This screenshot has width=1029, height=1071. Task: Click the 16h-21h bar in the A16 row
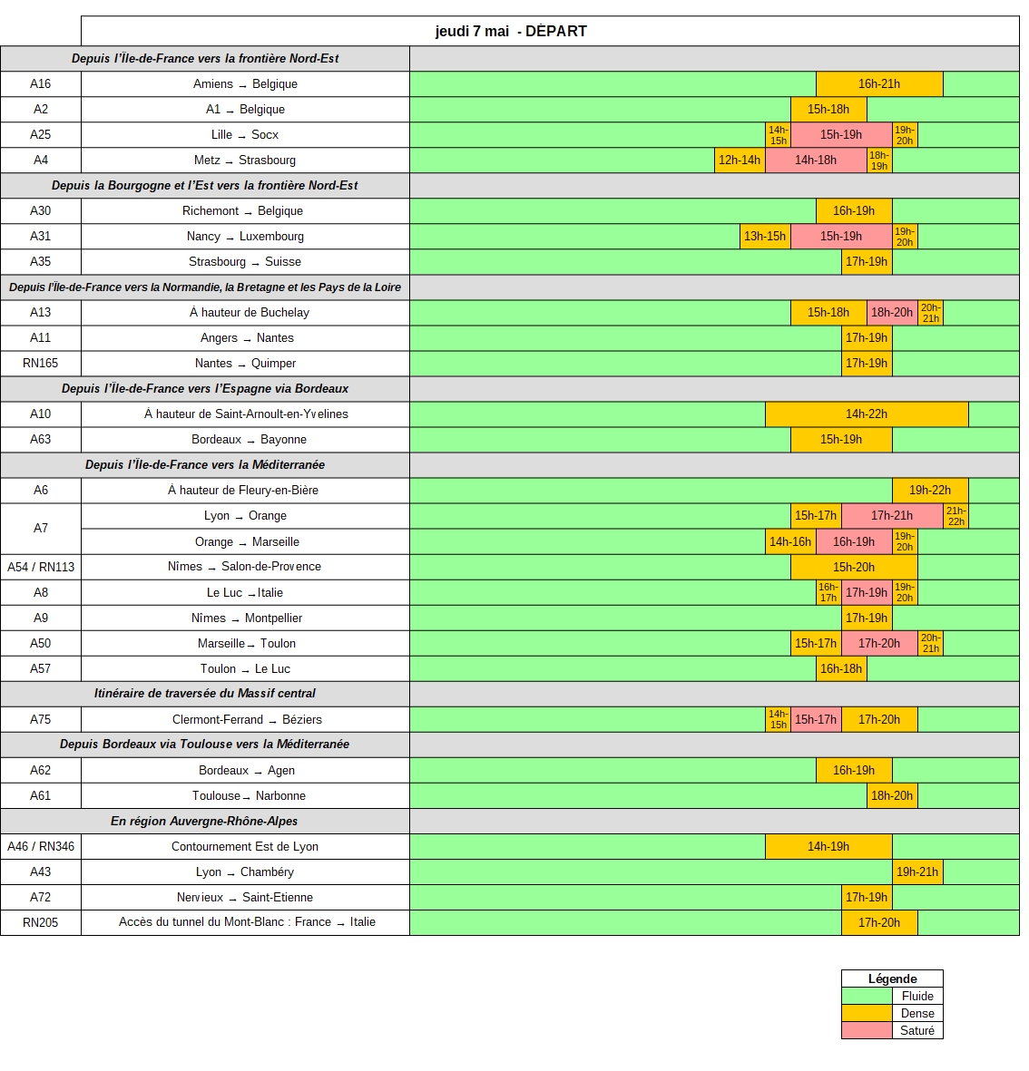879,83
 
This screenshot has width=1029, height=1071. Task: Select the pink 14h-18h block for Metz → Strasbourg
816,160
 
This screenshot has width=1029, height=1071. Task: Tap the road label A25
41,134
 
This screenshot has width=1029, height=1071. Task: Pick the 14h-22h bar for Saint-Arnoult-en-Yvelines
867,414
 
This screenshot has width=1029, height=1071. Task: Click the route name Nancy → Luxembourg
245,236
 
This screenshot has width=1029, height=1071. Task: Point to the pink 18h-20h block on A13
892,312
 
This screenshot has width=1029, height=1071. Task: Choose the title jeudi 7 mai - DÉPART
511,31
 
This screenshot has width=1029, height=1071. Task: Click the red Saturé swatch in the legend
867,1030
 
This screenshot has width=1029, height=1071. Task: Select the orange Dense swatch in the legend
867,1013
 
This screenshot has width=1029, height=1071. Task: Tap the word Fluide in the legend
917,996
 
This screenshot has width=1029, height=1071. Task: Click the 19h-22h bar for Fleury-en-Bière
930,490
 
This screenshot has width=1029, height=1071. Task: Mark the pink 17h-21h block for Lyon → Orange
892,515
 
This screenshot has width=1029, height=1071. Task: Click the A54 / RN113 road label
41,567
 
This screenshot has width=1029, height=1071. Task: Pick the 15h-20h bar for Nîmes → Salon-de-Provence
854,567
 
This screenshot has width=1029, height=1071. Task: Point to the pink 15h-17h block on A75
816,719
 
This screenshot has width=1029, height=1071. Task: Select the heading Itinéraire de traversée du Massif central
205,693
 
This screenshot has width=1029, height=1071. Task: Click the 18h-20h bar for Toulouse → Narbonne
892,795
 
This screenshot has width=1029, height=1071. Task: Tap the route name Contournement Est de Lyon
245,846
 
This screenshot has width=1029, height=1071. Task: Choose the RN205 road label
41,922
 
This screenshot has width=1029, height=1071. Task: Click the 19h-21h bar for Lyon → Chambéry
917,871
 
